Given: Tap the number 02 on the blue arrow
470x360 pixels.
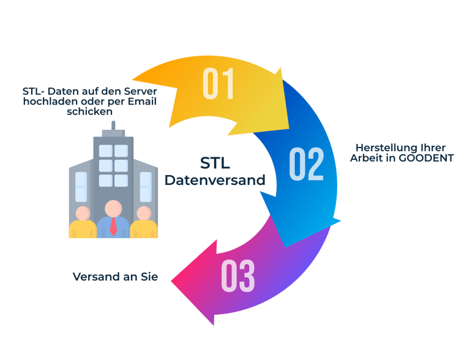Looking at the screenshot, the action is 306,163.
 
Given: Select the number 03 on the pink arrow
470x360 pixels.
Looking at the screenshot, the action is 237,276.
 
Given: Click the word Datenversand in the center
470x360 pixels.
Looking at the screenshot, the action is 215,181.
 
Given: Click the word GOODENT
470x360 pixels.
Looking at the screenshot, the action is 426,157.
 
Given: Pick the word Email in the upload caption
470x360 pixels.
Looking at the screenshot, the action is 141,102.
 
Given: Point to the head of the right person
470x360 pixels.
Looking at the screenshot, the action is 144,213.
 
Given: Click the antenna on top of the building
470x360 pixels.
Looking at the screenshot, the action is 113,126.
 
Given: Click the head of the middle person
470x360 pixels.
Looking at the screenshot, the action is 113,208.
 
